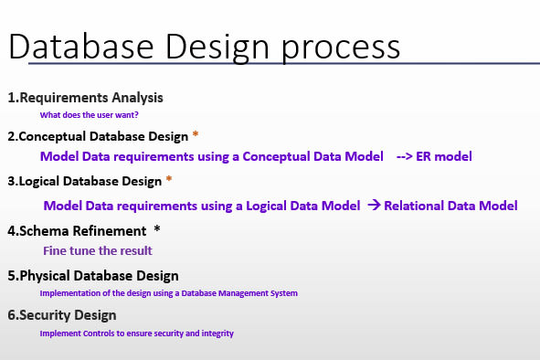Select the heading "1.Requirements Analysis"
[86, 98]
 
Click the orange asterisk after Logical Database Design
[169, 181]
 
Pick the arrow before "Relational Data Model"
[374, 206]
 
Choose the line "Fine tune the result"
[97, 249]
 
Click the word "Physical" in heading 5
[45, 275]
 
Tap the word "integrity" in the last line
[217, 334]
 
